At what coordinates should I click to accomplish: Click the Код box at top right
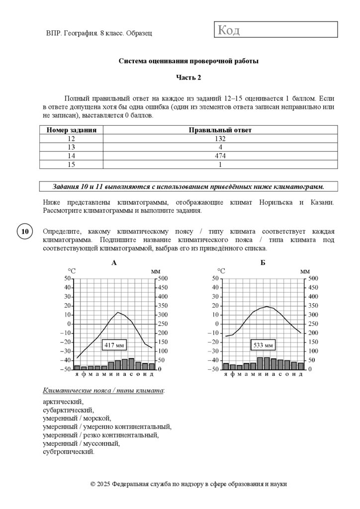click(x=276, y=30)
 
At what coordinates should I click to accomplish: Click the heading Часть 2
click(x=188, y=77)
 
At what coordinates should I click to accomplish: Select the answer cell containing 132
click(x=220, y=139)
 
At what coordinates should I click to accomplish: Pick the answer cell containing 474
click(x=220, y=156)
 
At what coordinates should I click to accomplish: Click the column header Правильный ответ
click(x=220, y=130)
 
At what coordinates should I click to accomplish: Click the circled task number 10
click(x=25, y=232)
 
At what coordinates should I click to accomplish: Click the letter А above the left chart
click(x=114, y=263)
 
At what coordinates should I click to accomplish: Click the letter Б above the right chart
click(x=263, y=263)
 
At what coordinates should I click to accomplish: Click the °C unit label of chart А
click(x=72, y=271)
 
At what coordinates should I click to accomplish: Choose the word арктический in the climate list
click(x=63, y=402)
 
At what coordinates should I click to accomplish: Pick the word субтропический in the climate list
click(x=68, y=452)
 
